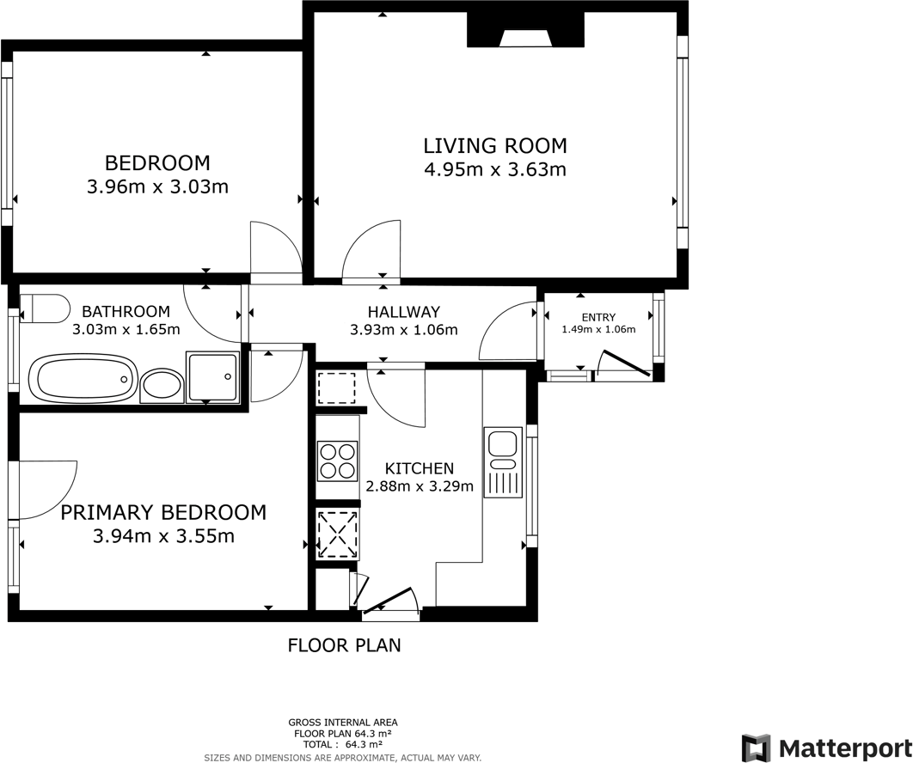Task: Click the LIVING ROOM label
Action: click(494, 145)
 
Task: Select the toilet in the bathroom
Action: click(45, 307)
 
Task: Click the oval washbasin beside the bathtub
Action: click(162, 385)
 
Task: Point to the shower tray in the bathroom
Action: click(211, 377)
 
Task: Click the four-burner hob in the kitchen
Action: click(338, 460)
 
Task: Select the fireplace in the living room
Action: click(525, 33)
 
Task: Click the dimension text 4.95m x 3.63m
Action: click(494, 169)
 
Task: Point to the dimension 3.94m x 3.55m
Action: click(163, 536)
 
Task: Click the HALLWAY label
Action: click(403, 312)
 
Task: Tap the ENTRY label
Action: click(598, 317)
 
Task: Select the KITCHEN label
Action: click(419, 468)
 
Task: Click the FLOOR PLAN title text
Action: click(344, 644)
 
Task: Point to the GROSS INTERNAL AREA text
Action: click(343, 723)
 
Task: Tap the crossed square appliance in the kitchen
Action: click(337, 534)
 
